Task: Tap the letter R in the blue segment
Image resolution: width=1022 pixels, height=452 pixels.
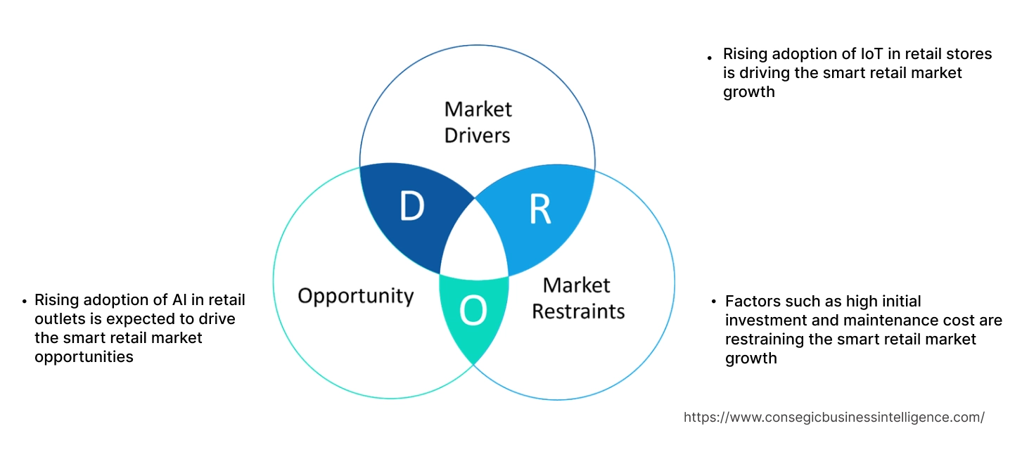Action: pyautogui.click(x=539, y=209)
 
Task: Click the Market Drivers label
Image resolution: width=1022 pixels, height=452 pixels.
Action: pyautogui.click(x=478, y=122)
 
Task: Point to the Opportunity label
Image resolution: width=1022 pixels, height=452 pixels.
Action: pyautogui.click(x=355, y=295)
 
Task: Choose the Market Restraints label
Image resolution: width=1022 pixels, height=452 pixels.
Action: pyautogui.click(x=577, y=298)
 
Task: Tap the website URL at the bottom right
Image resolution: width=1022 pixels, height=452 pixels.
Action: pyautogui.click(x=833, y=417)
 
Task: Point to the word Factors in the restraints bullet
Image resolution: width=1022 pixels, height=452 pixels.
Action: pyautogui.click(x=753, y=302)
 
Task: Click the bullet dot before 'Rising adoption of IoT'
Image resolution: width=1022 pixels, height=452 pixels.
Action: pyautogui.click(x=709, y=57)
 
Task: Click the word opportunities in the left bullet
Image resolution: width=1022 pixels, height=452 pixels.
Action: pyautogui.click(x=84, y=357)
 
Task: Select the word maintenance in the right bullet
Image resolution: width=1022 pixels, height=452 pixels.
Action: pyautogui.click(x=901, y=321)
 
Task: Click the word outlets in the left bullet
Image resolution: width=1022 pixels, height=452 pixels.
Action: pyautogui.click(x=58, y=319)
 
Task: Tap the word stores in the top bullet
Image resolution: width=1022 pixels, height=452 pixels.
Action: pyautogui.click(x=970, y=54)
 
